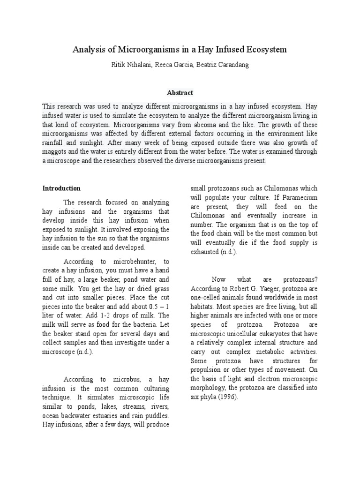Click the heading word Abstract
180,93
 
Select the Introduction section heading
61,188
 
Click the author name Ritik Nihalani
127,65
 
